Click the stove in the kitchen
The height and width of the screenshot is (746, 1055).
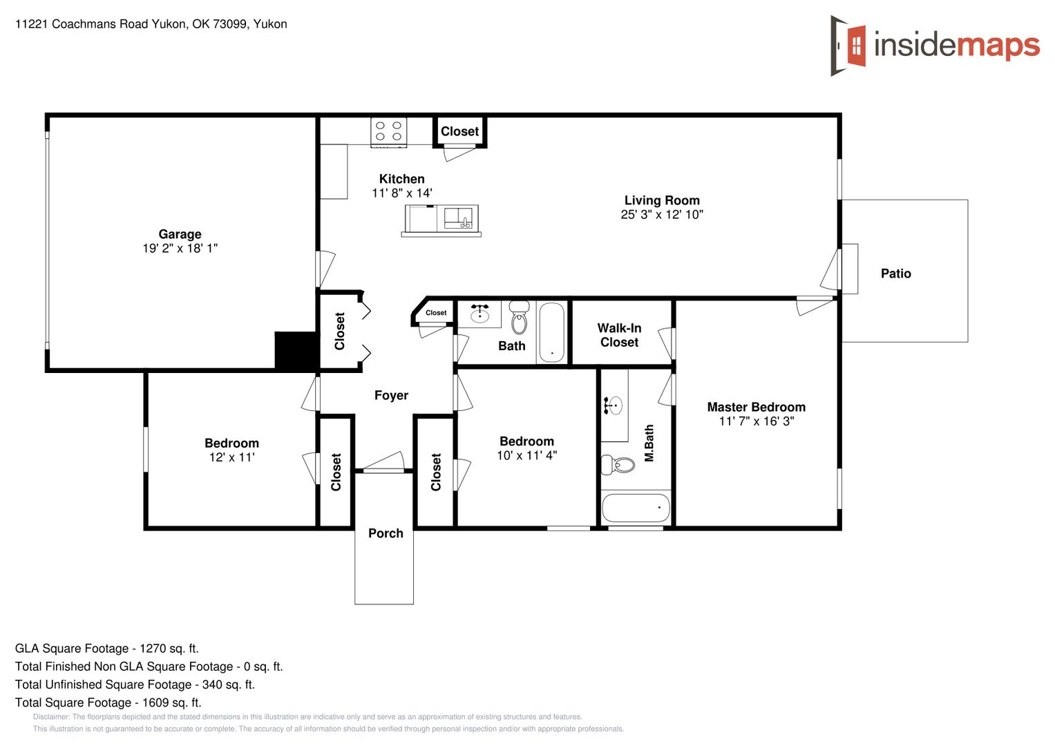[388, 132]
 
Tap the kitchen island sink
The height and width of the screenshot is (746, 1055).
[458, 218]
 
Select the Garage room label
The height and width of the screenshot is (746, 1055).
[180, 234]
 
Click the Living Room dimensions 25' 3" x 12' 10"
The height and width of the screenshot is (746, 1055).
[662, 215]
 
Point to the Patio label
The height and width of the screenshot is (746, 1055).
[896, 274]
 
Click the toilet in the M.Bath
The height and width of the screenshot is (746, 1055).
[618, 464]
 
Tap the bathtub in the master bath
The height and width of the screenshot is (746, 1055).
[636, 508]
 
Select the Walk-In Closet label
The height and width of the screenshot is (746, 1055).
[619, 335]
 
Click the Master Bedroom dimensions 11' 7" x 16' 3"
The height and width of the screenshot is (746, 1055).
[757, 421]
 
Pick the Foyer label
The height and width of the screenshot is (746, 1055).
[391, 395]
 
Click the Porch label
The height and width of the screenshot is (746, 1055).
[386, 533]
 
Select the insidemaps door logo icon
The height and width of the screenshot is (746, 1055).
[848, 46]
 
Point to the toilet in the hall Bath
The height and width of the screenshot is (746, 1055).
[519, 317]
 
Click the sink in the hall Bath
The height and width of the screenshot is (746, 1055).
[479, 313]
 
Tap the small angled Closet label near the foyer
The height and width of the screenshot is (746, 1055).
[436, 313]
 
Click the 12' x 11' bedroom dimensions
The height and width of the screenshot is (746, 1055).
[231, 457]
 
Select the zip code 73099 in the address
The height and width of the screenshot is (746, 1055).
[230, 24]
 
